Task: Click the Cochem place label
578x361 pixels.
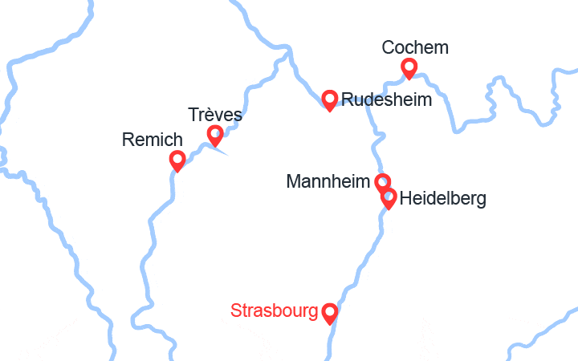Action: point(415,48)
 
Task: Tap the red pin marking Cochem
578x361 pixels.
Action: point(409,67)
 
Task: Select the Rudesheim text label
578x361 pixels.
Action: point(386,100)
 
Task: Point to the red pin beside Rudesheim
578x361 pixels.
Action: point(329,99)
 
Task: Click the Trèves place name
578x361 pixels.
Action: point(215,115)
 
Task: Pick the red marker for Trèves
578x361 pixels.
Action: point(215,135)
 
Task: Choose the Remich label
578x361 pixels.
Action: point(153,140)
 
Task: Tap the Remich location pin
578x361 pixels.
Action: point(178,160)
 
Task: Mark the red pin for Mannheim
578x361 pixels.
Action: point(383,183)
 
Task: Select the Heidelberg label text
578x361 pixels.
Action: point(442,198)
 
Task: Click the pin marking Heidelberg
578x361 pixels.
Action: point(389,197)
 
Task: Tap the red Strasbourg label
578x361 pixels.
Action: point(274,310)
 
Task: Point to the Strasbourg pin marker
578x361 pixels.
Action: point(329,312)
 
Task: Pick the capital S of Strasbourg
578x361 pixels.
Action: point(235,310)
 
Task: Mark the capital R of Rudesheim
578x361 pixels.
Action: point(348,100)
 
